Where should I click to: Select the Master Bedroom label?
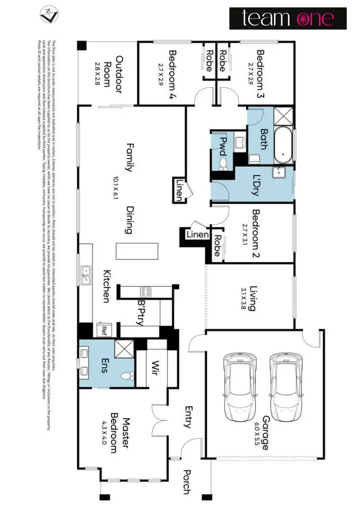(x=118, y=432)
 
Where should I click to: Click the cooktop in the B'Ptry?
(x=145, y=291)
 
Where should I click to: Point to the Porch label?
(x=186, y=481)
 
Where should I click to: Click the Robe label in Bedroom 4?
(x=209, y=60)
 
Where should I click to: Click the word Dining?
(x=128, y=220)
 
